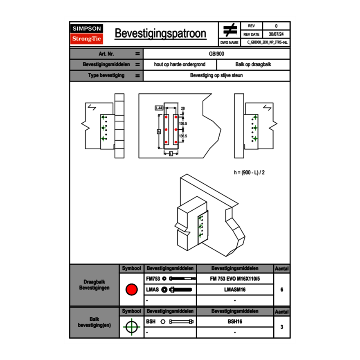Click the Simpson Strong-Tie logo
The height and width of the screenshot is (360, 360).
pyautogui.click(x=87, y=34)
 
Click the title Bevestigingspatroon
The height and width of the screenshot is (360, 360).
pyautogui.click(x=160, y=34)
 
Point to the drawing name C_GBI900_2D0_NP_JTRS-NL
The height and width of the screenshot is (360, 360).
pyautogui.click(x=268, y=42)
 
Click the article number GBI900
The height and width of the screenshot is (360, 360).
pyautogui.click(x=216, y=54)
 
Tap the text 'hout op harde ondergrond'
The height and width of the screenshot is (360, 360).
pyautogui.click(x=180, y=65)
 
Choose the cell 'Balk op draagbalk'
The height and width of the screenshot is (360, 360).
pyautogui.click(x=253, y=65)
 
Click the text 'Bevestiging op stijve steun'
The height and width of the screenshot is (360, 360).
pyautogui.click(x=216, y=76)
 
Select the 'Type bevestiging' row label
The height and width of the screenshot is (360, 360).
pyautogui.click(x=106, y=76)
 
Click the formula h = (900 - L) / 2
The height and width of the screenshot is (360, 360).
pyautogui.click(x=249, y=172)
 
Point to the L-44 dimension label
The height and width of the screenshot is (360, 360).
pyautogui.click(x=159, y=108)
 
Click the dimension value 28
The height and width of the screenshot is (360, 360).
pyautogui.click(x=182, y=108)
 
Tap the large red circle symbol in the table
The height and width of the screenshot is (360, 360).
pyautogui.click(x=131, y=290)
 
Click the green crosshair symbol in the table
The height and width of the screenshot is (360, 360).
pyautogui.click(x=131, y=327)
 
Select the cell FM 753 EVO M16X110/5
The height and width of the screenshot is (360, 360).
pyautogui.click(x=235, y=279)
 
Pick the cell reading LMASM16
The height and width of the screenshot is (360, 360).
pyautogui.click(x=235, y=290)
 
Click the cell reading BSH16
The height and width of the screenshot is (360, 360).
pyautogui.click(x=235, y=322)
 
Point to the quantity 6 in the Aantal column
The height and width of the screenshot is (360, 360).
pyautogui.click(x=282, y=290)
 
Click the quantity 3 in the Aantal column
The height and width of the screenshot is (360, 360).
pyautogui.click(x=282, y=327)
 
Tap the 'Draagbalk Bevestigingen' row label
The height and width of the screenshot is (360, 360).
pyautogui.click(x=94, y=285)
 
